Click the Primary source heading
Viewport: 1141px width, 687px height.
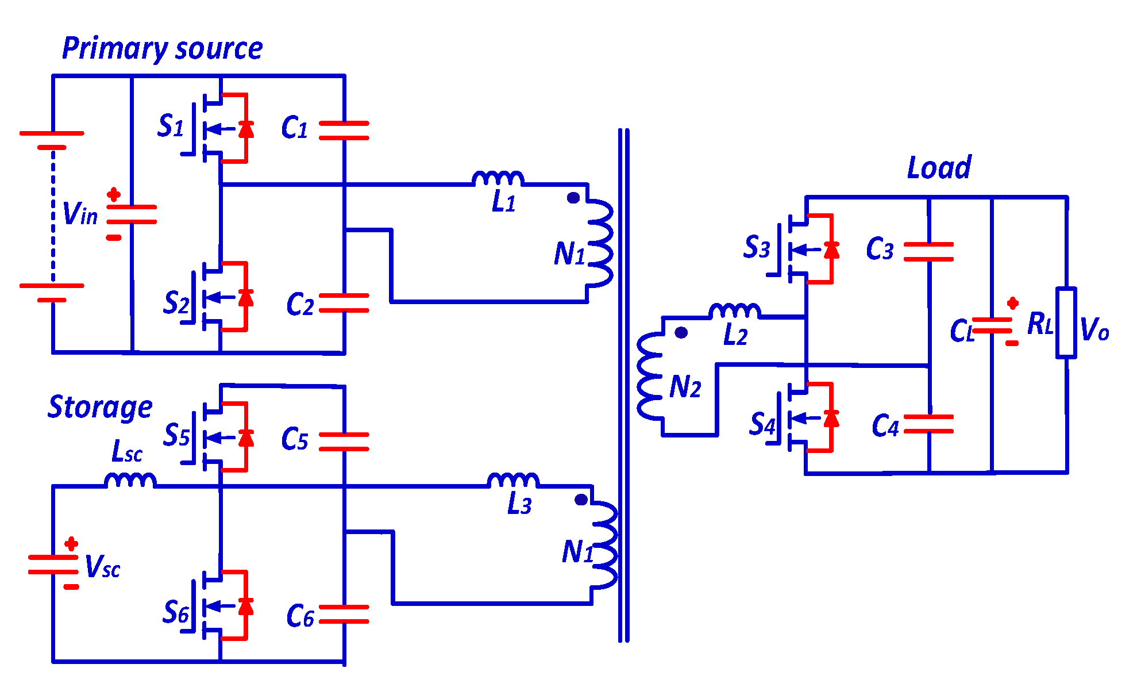162,48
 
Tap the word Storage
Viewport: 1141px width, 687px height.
100,408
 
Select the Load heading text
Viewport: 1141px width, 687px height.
939,168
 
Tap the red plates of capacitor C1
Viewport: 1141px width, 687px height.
344,131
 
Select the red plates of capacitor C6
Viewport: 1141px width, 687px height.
344,614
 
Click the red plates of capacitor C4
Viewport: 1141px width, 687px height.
928,424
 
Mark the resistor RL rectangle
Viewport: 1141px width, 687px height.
1066,323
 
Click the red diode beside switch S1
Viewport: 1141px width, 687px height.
246,129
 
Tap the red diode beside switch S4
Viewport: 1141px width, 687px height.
831,418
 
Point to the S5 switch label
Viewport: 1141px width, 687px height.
176,435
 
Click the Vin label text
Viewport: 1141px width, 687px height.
80,214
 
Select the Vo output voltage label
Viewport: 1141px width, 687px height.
1094,329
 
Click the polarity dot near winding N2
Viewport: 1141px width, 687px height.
681,332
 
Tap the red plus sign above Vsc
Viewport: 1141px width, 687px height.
71,543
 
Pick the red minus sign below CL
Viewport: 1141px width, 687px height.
1012,343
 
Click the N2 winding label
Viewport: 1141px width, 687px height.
685,387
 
